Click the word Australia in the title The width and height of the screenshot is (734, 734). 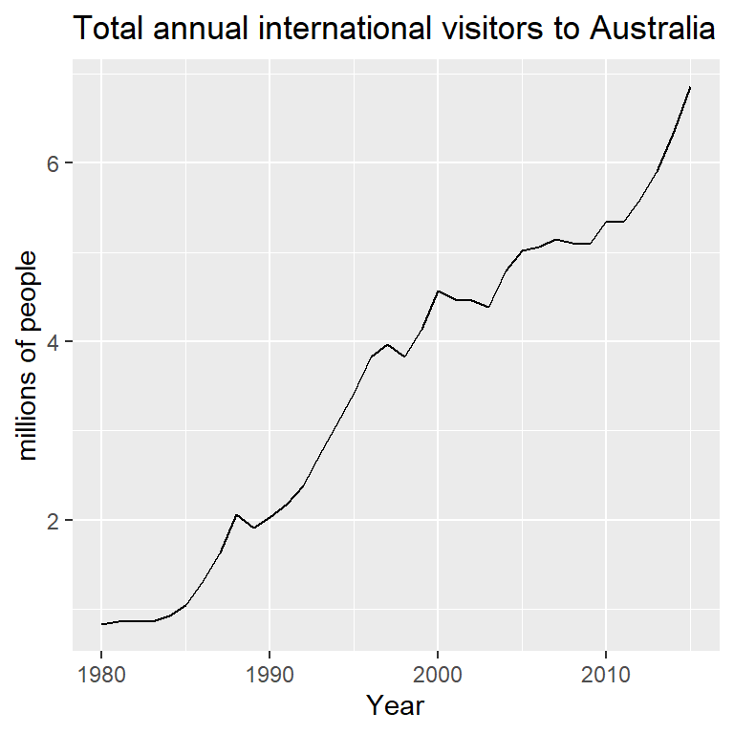click(x=653, y=30)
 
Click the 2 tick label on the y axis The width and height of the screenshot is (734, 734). click(x=55, y=521)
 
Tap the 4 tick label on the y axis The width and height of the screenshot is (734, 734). click(x=55, y=342)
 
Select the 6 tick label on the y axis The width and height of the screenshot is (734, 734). click(x=55, y=162)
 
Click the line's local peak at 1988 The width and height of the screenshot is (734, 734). click(x=236, y=514)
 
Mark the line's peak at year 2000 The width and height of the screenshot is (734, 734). click(x=438, y=291)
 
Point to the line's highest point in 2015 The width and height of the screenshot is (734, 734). click(x=690, y=87)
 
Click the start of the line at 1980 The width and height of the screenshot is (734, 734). click(x=101, y=624)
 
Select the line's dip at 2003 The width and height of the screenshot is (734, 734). click(x=488, y=307)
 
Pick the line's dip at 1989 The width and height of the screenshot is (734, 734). click(x=253, y=528)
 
